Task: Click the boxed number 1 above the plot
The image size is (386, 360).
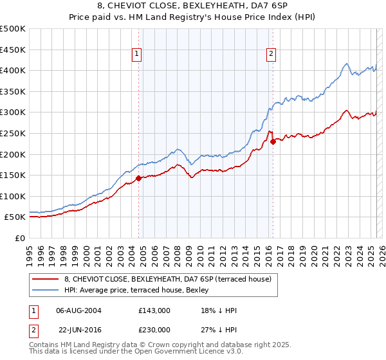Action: pyautogui.click(x=138, y=55)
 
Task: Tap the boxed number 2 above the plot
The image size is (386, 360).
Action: pyautogui.click(x=272, y=55)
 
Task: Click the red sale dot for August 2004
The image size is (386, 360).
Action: pyautogui.click(x=138, y=178)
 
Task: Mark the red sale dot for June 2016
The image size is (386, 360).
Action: pyautogui.click(x=273, y=142)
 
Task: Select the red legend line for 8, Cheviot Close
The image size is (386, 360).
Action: pyautogui.click(x=44, y=279)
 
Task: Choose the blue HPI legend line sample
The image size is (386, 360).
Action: pyautogui.click(x=44, y=290)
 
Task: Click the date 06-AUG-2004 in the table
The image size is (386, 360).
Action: pyautogui.click(x=78, y=310)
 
